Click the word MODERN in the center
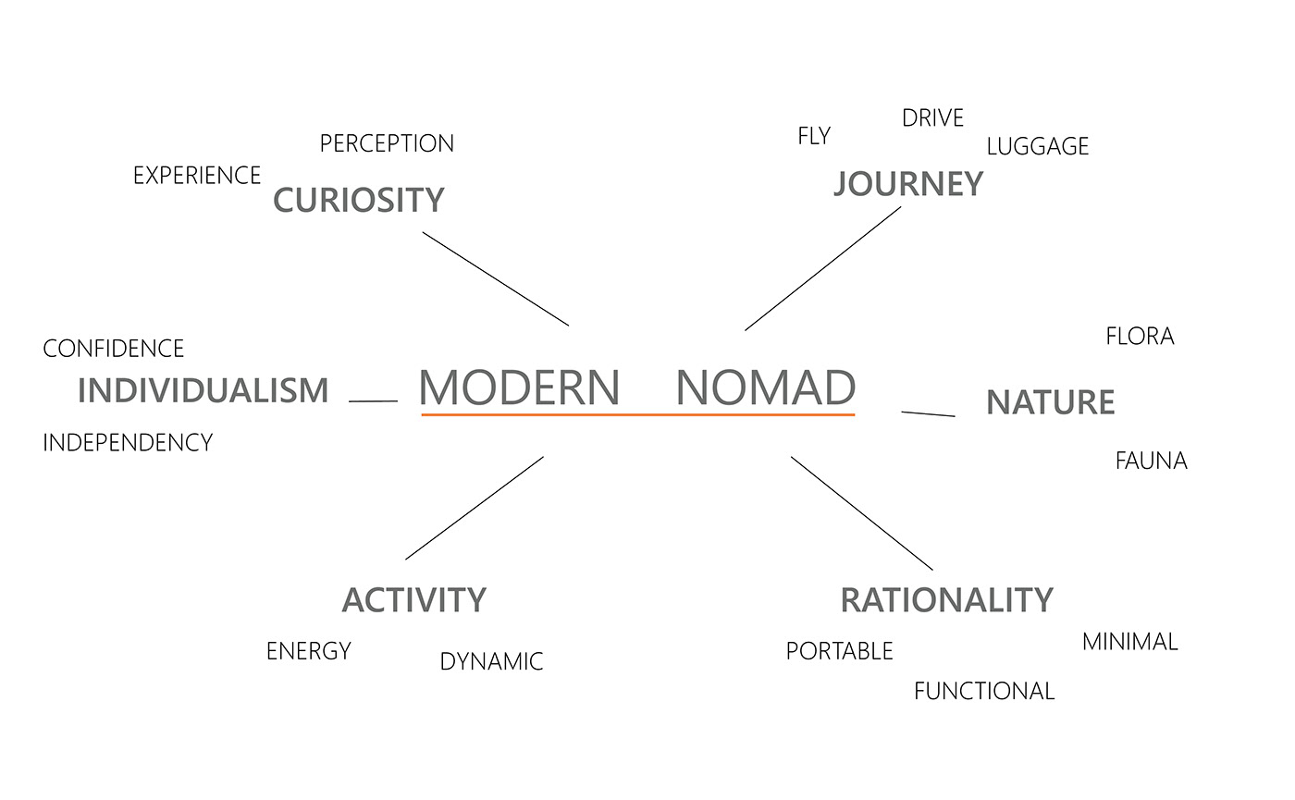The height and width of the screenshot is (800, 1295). pos(519,388)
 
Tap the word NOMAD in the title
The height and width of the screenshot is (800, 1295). pos(765,388)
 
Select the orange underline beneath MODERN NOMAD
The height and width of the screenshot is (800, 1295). pos(637,415)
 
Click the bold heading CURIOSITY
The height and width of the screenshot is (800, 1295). pos(359,200)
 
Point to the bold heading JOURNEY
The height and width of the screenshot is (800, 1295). pos(907,184)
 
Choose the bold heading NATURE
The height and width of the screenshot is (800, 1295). pos(1050,402)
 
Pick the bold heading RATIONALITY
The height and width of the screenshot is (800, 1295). pos(946,600)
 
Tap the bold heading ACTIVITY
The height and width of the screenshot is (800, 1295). pos(413,600)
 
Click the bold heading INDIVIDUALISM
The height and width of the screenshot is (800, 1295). pos(203,390)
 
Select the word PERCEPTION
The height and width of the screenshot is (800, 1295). pos(387,144)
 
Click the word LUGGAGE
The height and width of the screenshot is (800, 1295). pos(1037,146)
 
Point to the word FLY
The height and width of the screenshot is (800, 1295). pos(814,136)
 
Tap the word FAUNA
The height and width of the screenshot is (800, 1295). pos(1151,461)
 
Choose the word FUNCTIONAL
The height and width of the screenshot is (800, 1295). pos(983,691)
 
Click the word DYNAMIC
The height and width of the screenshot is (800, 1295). pos(491,662)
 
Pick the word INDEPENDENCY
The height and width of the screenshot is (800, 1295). pos(128,443)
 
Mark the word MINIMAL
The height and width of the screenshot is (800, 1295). pos(1129,642)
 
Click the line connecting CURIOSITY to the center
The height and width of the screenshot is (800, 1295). pos(496,278)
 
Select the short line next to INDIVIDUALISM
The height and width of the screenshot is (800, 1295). pos(373,401)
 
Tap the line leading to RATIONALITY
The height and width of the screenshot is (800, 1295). pos(861,513)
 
